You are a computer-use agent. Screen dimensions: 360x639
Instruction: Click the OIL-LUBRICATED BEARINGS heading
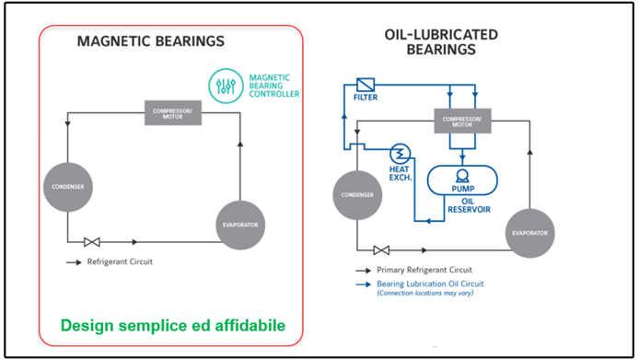coord(441,41)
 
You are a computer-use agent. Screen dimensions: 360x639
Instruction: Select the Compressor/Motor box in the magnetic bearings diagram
coord(171,114)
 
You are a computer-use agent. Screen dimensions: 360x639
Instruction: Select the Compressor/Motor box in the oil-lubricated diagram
coord(462,120)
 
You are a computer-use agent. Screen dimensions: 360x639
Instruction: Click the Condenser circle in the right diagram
coord(357,195)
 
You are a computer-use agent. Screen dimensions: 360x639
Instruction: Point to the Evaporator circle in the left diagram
coord(239,224)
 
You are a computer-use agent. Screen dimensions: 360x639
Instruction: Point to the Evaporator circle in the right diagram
coord(529,232)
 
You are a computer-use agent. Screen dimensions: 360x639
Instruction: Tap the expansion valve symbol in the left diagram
coord(92,242)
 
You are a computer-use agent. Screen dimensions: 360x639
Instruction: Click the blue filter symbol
coord(366,84)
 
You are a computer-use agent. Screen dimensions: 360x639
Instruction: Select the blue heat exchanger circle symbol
coord(401,153)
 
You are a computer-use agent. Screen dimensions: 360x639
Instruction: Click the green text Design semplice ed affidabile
coord(172,325)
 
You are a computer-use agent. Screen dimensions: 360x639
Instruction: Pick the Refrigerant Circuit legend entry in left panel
coord(120,262)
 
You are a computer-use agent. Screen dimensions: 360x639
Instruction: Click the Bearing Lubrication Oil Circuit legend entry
coord(429,284)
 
